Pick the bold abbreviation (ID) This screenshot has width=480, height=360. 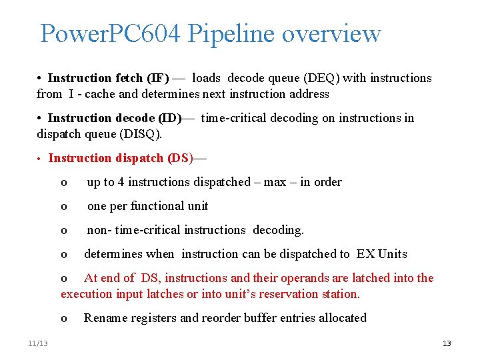pyautogui.click(x=169, y=118)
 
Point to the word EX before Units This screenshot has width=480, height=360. pyautogui.click(x=365, y=254)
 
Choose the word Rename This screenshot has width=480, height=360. pyautogui.click(x=103, y=318)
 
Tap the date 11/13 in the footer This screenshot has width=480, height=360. pyautogui.click(x=38, y=343)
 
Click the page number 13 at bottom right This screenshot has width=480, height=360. pyautogui.click(x=447, y=343)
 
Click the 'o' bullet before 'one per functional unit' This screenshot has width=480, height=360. pyautogui.click(x=64, y=207)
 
